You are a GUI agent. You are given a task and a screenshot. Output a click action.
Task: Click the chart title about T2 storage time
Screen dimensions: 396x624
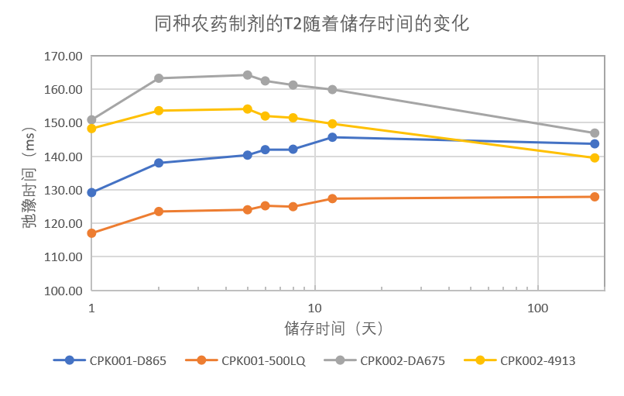click(312, 24)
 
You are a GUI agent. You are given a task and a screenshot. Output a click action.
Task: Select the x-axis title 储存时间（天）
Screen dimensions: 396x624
click(334, 329)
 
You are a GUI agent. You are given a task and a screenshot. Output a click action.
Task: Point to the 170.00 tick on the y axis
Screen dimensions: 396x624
click(63, 57)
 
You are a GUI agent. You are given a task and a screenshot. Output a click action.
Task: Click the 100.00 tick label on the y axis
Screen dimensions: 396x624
click(63, 291)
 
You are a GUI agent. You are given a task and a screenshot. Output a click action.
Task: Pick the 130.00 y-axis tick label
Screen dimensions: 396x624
click(63, 190)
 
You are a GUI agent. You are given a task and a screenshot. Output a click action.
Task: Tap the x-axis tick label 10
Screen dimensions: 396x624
click(314, 308)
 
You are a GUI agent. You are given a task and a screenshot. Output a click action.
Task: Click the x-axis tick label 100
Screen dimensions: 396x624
click(537, 308)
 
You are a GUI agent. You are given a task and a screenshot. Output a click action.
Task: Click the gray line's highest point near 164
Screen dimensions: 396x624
click(247, 75)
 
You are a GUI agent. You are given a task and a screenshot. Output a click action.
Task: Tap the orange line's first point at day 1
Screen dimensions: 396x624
click(92, 233)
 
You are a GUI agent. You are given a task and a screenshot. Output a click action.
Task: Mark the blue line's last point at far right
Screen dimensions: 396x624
click(595, 143)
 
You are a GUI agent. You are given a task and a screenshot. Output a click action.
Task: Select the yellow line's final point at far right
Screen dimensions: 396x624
click(595, 158)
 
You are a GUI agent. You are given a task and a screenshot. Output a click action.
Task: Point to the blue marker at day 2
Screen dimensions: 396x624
click(159, 163)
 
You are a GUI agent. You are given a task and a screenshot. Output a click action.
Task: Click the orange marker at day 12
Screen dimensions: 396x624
click(332, 198)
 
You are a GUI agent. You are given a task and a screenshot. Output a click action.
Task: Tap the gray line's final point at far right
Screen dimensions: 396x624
click(595, 133)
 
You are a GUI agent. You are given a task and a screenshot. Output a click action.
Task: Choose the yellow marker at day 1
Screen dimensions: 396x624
click(92, 129)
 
